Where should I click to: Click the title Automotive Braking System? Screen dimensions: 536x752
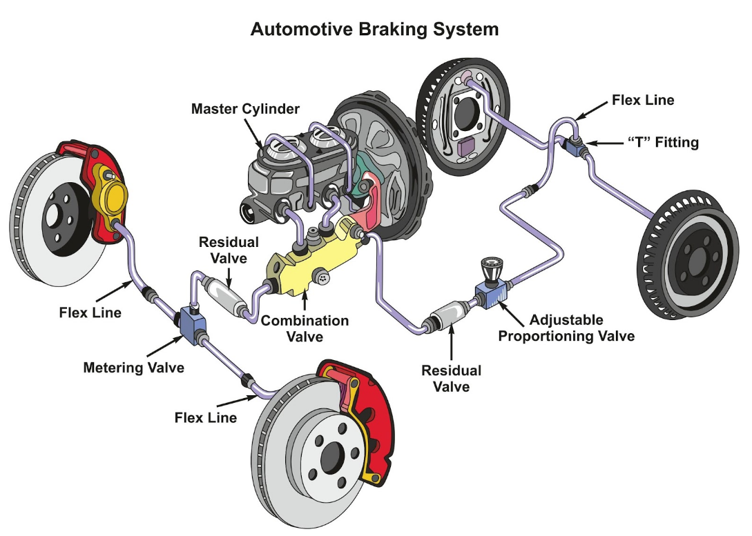(x=374, y=30)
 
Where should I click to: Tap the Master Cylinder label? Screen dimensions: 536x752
(x=245, y=109)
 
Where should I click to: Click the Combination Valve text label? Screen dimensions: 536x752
(x=305, y=328)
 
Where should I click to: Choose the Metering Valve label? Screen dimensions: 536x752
(x=133, y=368)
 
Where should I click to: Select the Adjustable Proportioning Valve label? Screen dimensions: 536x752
(x=566, y=328)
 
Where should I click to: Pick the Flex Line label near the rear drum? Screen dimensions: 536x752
(x=643, y=101)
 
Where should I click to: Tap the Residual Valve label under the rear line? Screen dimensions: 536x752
(x=451, y=378)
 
